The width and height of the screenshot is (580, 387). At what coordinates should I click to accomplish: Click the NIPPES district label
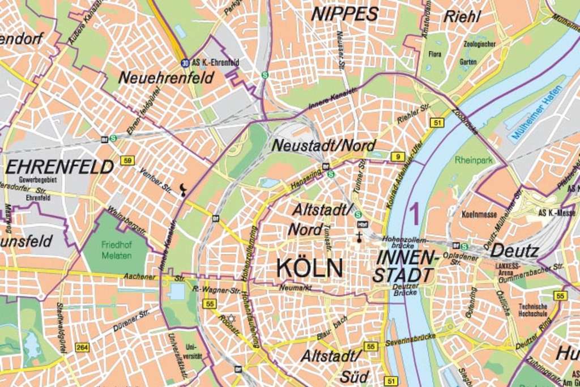click(x=344, y=14)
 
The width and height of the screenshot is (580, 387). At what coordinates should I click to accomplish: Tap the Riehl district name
click(x=462, y=16)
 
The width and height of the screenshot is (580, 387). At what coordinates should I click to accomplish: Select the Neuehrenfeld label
click(x=166, y=78)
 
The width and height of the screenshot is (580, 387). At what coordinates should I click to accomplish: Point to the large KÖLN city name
click(x=310, y=268)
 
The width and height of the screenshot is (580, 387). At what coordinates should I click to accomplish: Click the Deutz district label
click(x=514, y=250)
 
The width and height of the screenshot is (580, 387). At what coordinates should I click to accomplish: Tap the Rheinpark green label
click(x=474, y=160)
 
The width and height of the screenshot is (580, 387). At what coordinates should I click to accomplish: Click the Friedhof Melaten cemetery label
click(x=117, y=250)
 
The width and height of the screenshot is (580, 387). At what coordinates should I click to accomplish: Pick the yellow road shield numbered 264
click(x=82, y=347)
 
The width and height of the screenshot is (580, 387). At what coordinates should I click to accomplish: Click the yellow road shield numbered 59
click(x=127, y=161)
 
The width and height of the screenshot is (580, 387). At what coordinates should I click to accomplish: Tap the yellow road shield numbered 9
click(x=398, y=156)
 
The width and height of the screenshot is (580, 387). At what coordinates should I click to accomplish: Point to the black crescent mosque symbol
click(x=182, y=190)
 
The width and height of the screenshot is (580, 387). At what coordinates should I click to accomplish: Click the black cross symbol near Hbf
click(x=359, y=236)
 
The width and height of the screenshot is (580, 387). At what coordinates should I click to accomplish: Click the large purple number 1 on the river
click(x=413, y=214)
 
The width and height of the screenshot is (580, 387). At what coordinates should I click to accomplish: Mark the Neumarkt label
click(x=295, y=288)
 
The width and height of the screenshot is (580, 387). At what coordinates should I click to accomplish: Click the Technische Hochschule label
click(x=533, y=309)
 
